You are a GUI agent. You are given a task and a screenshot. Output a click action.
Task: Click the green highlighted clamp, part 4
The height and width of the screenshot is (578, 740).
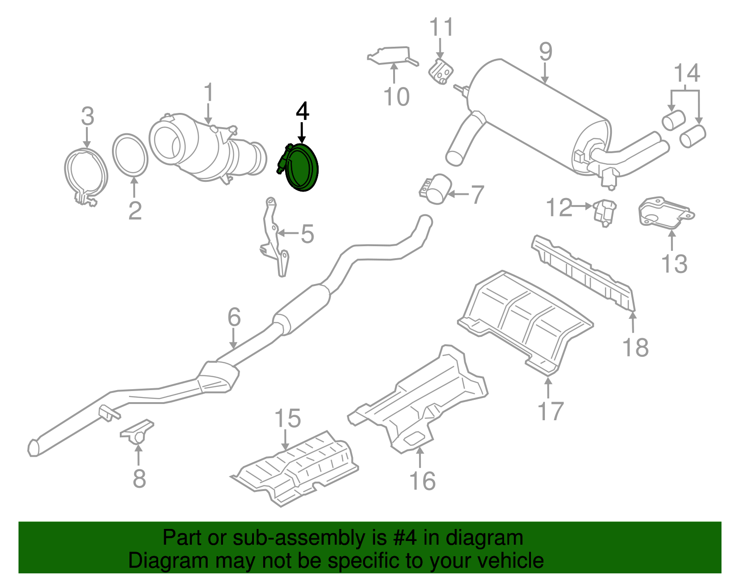(x=302, y=168)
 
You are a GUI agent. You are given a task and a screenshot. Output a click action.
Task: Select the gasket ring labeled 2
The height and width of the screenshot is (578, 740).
(x=130, y=155)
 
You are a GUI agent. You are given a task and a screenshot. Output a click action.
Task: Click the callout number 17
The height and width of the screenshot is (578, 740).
(x=550, y=411)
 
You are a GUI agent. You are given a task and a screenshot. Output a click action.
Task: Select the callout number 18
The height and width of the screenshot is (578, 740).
(x=635, y=347)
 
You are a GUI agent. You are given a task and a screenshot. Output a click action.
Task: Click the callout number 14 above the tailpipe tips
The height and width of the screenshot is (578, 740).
(x=686, y=73)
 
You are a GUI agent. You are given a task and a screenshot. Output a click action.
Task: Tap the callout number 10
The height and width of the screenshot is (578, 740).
(x=396, y=96)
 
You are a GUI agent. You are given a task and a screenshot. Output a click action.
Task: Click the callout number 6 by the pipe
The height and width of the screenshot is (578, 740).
(x=234, y=317)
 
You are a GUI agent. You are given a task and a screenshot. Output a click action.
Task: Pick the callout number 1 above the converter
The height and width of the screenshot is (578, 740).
(x=209, y=93)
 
